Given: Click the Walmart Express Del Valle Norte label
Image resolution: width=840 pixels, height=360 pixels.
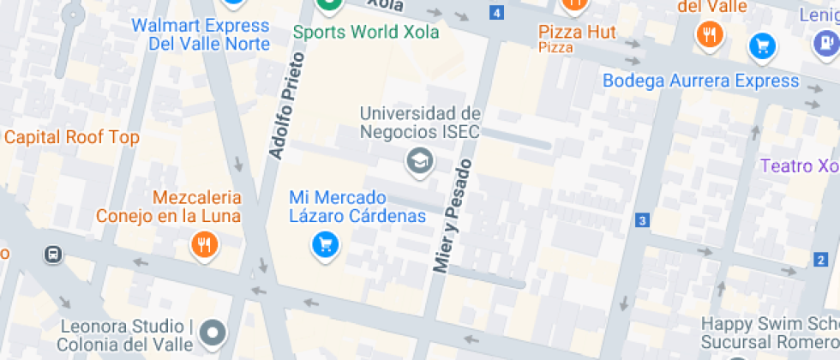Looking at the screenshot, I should tap(200, 34).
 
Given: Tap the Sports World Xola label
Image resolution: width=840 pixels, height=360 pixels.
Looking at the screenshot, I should tap(366, 32).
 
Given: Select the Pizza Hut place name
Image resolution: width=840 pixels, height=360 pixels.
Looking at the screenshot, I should tap(577, 32).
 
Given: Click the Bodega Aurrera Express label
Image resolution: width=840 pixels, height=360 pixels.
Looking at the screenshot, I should tap(700, 81).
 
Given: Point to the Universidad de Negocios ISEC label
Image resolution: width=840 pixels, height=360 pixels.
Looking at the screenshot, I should tap(420, 123).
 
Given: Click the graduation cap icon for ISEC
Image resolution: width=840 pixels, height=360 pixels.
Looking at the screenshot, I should tap(419, 160).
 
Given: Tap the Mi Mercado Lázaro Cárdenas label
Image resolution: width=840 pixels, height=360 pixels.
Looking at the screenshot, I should tap(357, 207).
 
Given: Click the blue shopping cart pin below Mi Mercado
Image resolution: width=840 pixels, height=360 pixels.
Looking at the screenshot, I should tap(325, 246).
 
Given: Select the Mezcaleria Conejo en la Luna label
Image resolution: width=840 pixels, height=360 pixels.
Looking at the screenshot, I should tap(168, 207).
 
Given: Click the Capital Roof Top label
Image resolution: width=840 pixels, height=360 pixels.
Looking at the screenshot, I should tap(72, 137).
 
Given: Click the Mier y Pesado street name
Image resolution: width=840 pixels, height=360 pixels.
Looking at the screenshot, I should tap(453, 217).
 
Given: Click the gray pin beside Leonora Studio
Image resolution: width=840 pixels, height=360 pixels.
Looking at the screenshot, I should tap(213, 331).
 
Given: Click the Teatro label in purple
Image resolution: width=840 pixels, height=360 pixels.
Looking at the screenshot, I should tap(801, 165).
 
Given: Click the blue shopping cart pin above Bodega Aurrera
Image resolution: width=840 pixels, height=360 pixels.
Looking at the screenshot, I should tap(762, 46).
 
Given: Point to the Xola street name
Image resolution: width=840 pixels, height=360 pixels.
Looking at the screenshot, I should tap(385, 4).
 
